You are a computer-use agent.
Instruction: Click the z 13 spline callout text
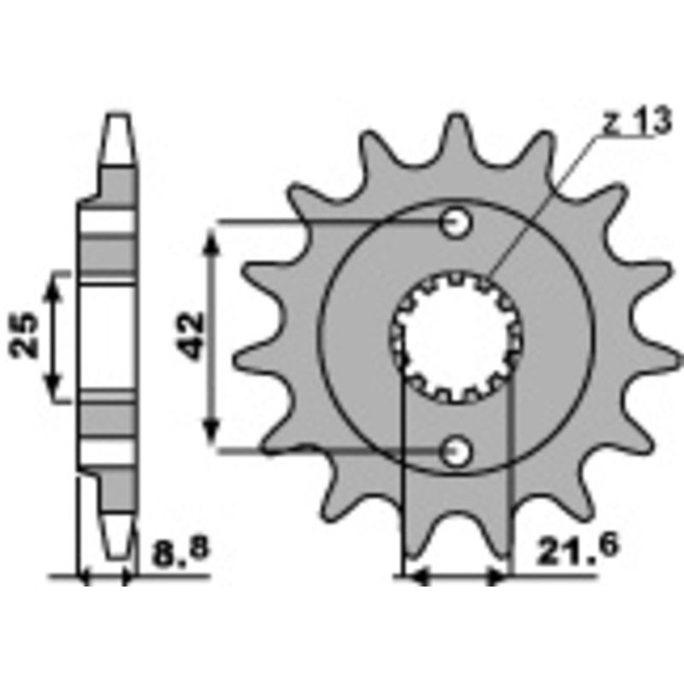(635, 123)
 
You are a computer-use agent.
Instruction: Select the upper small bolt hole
(455, 223)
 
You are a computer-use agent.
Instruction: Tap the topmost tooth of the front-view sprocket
(455, 128)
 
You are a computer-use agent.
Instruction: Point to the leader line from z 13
(547, 197)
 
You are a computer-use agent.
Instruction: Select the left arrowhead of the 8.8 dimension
(85, 579)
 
